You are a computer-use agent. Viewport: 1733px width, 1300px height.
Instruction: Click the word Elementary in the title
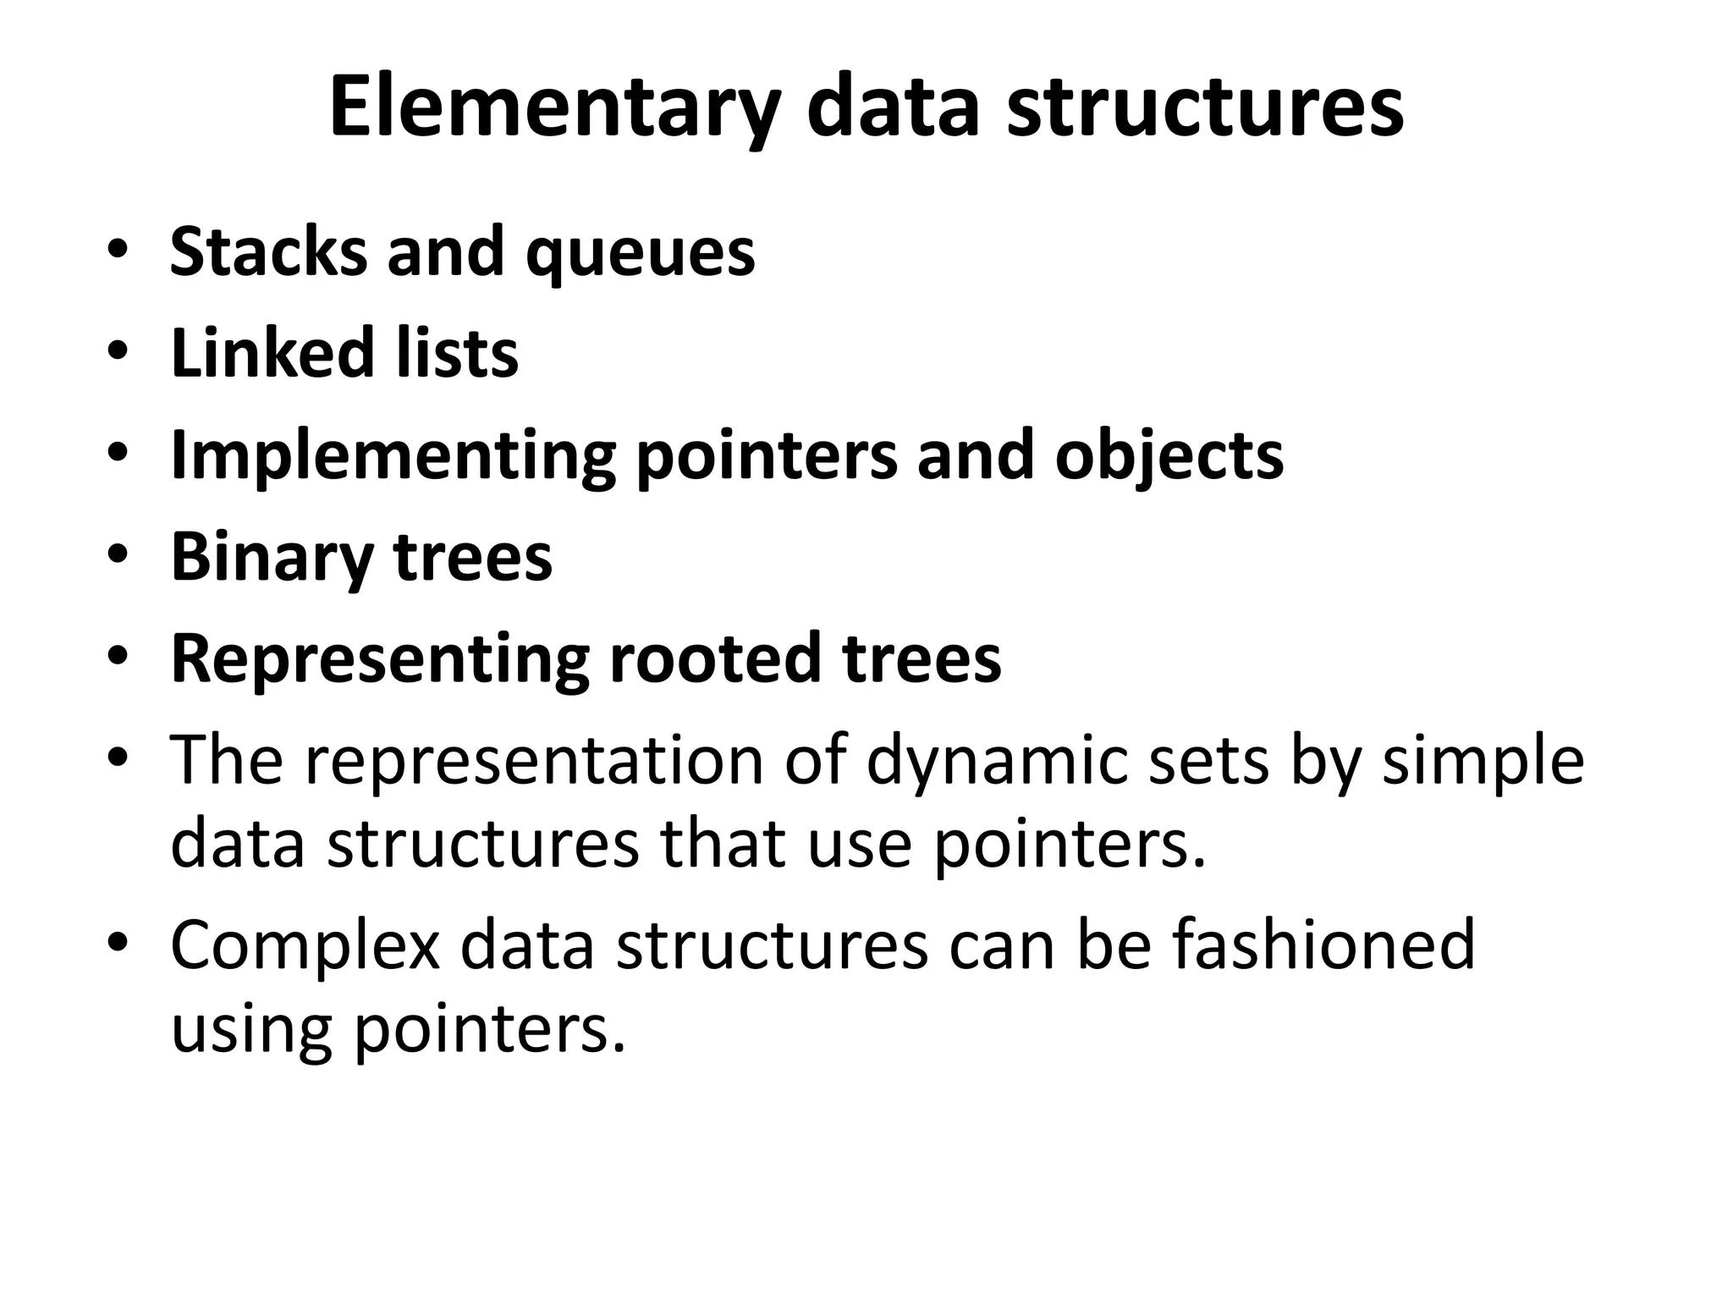point(554,108)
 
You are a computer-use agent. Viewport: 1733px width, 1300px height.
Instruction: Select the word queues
point(640,253)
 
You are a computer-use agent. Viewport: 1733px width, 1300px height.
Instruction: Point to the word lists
point(457,353)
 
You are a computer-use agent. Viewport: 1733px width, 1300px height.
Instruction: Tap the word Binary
point(272,558)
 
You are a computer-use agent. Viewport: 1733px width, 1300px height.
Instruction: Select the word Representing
point(380,659)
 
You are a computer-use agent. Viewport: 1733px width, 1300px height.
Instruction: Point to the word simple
point(1483,761)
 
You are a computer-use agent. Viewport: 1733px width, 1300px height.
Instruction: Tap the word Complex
point(305,945)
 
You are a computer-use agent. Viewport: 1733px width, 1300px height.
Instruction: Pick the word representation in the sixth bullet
point(534,761)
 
